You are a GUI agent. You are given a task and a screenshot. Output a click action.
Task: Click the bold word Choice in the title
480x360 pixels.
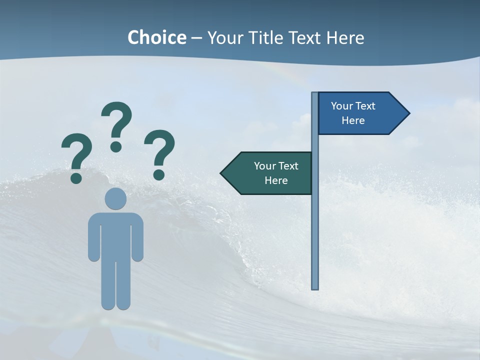[x=156, y=37]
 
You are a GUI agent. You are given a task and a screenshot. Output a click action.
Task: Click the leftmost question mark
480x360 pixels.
[x=76, y=157]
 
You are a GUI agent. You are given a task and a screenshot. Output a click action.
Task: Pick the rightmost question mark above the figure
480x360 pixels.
[x=159, y=154]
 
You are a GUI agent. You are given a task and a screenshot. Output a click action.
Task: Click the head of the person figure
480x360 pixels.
[x=115, y=198]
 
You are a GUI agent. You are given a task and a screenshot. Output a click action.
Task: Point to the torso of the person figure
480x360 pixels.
[x=115, y=235]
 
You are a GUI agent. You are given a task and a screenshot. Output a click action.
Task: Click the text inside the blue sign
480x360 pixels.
[x=353, y=113]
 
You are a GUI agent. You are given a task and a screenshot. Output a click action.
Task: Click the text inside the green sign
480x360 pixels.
[x=276, y=173]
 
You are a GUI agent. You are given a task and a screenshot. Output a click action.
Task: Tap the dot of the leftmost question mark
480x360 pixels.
[x=76, y=177]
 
